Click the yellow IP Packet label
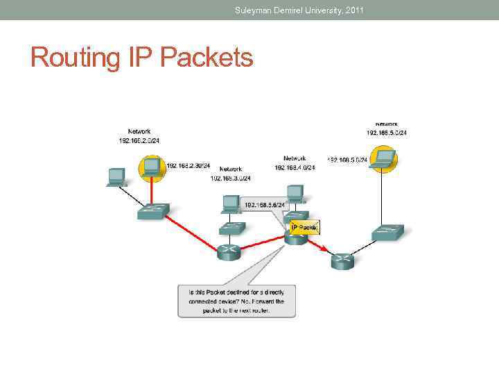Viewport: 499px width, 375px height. pos(304,227)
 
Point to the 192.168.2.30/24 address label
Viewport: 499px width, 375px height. pos(189,166)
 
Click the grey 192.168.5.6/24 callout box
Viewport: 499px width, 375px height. pos(265,205)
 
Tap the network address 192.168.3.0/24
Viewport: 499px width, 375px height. pos(231,178)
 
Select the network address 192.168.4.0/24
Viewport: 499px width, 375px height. pos(295,167)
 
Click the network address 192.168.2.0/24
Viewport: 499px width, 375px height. pos(139,140)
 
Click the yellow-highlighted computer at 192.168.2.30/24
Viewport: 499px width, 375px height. pos(150,167)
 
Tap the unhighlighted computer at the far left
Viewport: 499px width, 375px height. pos(116,176)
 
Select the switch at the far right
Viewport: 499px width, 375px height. pos(387,232)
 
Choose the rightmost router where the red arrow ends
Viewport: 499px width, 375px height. pos(342,260)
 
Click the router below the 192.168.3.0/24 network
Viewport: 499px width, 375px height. pos(229,251)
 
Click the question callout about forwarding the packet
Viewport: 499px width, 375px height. pos(237,301)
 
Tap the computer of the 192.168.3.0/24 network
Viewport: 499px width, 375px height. pos(230,203)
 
